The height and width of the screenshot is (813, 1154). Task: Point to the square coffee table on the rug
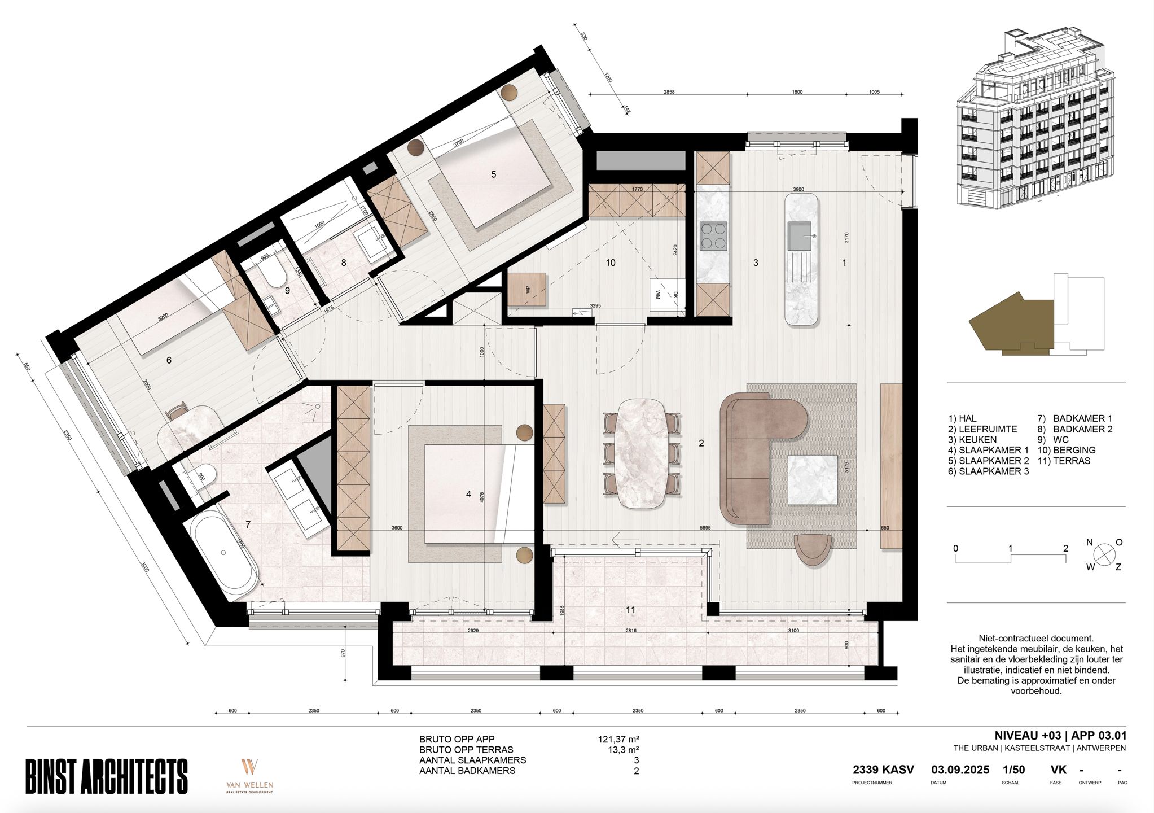[x=812, y=479]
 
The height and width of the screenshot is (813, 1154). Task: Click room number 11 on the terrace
[x=631, y=610]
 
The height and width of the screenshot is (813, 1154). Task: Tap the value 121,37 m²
[x=618, y=739]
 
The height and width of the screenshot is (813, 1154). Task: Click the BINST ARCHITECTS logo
[x=107, y=776]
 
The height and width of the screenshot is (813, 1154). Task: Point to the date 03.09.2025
[x=960, y=770]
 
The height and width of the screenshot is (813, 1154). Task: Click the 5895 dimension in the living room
[x=705, y=528]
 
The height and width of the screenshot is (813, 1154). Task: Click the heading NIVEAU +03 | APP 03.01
[x=1060, y=736]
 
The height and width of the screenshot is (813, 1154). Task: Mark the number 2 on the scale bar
[x=1065, y=548]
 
